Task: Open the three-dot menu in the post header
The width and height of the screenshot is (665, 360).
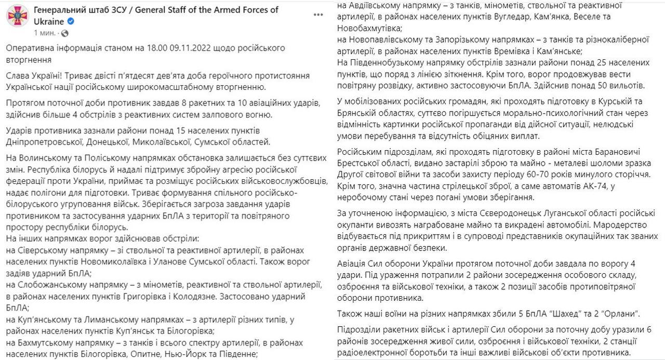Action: pyautogui.click(x=318, y=15)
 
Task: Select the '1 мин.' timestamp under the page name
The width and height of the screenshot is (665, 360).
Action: pyautogui.click(x=46, y=33)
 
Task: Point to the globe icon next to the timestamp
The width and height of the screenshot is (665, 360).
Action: pyautogui.click(x=64, y=33)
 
